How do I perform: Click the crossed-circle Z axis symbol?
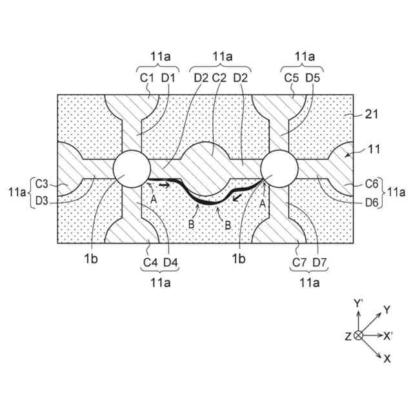tap(359, 336)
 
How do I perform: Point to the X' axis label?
tap(388, 336)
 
